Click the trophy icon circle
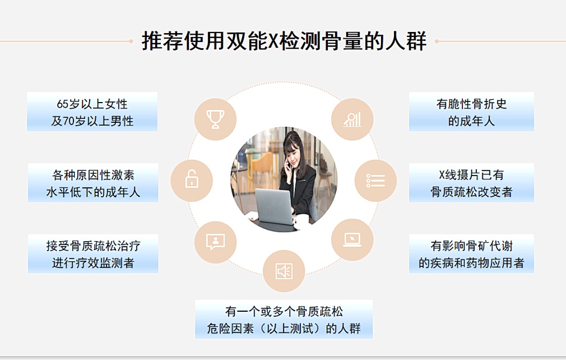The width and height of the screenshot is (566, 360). tap(215, 119)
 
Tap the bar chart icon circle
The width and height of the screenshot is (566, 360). tap(352, 119)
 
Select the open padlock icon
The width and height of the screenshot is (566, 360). tap(192, 179)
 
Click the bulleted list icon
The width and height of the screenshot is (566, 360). tap(375, 181)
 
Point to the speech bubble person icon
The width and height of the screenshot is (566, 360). tap(216, 242)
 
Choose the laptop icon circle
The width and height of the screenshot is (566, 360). tap(352, 240)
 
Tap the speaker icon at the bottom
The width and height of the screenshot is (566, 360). tap(284, 271)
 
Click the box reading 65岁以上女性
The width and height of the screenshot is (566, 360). tap(92, 112)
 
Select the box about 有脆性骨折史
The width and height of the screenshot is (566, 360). tap(471, 112)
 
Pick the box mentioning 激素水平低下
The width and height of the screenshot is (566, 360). tap(93, 183)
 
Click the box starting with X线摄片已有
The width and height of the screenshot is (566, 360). tap(471, 183)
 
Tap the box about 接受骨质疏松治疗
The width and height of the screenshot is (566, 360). tap(93, 253)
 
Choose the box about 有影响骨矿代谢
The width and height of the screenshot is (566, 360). tap(471, 253)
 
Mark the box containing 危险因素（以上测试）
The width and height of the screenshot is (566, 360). tap(284, 319)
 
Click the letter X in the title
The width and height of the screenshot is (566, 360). tap(273, 41)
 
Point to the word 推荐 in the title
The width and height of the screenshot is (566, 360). tap(163, 41)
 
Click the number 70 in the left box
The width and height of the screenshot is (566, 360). tap(68, 121)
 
